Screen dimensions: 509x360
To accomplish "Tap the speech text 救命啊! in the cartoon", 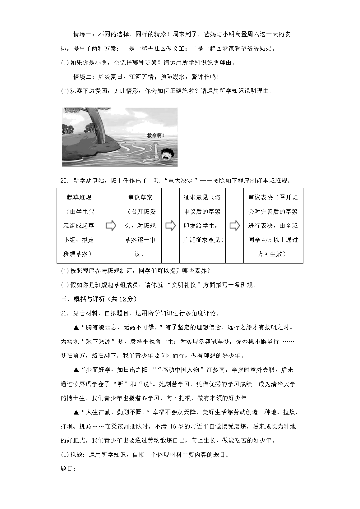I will click(x=155, y=135).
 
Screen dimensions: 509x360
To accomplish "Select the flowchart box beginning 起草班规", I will click(x=79, y=226).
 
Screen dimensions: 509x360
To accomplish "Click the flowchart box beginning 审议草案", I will click(x=140, y=226).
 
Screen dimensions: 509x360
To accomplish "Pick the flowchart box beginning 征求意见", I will click(x=202, y=226).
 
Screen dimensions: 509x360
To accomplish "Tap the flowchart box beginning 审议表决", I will click(x=273, y=226).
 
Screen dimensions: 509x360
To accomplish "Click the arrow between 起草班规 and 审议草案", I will click(x=111, y=226).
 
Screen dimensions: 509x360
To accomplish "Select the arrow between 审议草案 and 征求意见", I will click(x=170, y=226).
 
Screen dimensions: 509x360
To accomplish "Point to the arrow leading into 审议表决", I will click(x=234, y=226).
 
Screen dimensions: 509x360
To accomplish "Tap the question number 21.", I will click(x=64, y=313).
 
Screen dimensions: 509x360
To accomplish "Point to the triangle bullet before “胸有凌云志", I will click(x=76, y=328).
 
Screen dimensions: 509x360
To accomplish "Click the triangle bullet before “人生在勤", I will click(x=76, y=412).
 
